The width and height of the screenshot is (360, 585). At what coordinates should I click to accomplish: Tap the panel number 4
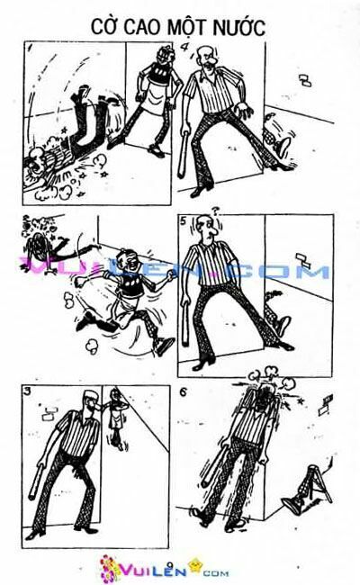pos(184,47)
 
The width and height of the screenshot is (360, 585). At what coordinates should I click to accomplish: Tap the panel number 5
pos(184,221)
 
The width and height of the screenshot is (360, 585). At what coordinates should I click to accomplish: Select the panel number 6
pos(184,393)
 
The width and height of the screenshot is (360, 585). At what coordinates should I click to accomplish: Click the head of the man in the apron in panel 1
pos(157,58)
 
